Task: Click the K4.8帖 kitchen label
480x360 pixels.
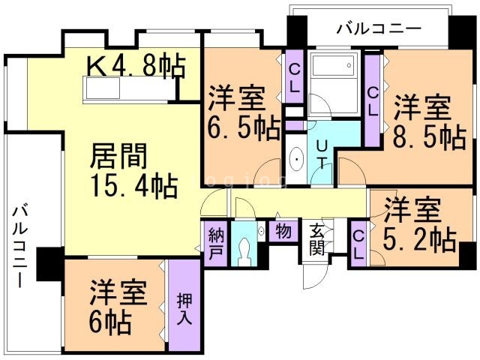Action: click(136, 66)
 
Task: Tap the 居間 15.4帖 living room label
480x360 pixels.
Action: click(133, 170)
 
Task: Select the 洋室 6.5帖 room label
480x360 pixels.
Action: click(244, 113)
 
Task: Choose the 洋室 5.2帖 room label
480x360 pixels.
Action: click(420, 225)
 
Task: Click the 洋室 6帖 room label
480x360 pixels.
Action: click(118, 307)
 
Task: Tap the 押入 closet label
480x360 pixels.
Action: click(184, 308)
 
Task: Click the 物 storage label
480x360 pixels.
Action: click(283, 231)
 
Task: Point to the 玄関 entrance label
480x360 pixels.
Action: click(316, 240)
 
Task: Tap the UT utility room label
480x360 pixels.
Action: click(322, 154)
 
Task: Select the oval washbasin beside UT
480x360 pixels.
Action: click(296, 159)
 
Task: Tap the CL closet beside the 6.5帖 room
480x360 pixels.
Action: click(294, 79)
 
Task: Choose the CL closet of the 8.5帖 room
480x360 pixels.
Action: click(373, 100)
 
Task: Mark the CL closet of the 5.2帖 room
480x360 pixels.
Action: click(358, 245)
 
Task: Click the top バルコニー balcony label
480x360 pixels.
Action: click(379, 29)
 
